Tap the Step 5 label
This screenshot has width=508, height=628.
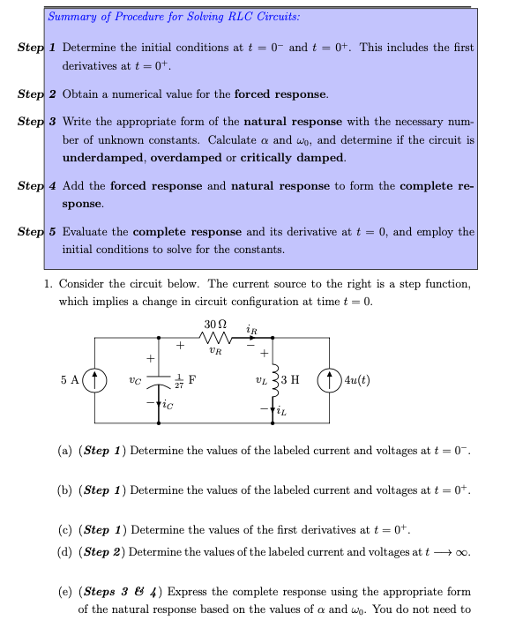(x=38, y=232)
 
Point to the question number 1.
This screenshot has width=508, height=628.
(x=48, y=284)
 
